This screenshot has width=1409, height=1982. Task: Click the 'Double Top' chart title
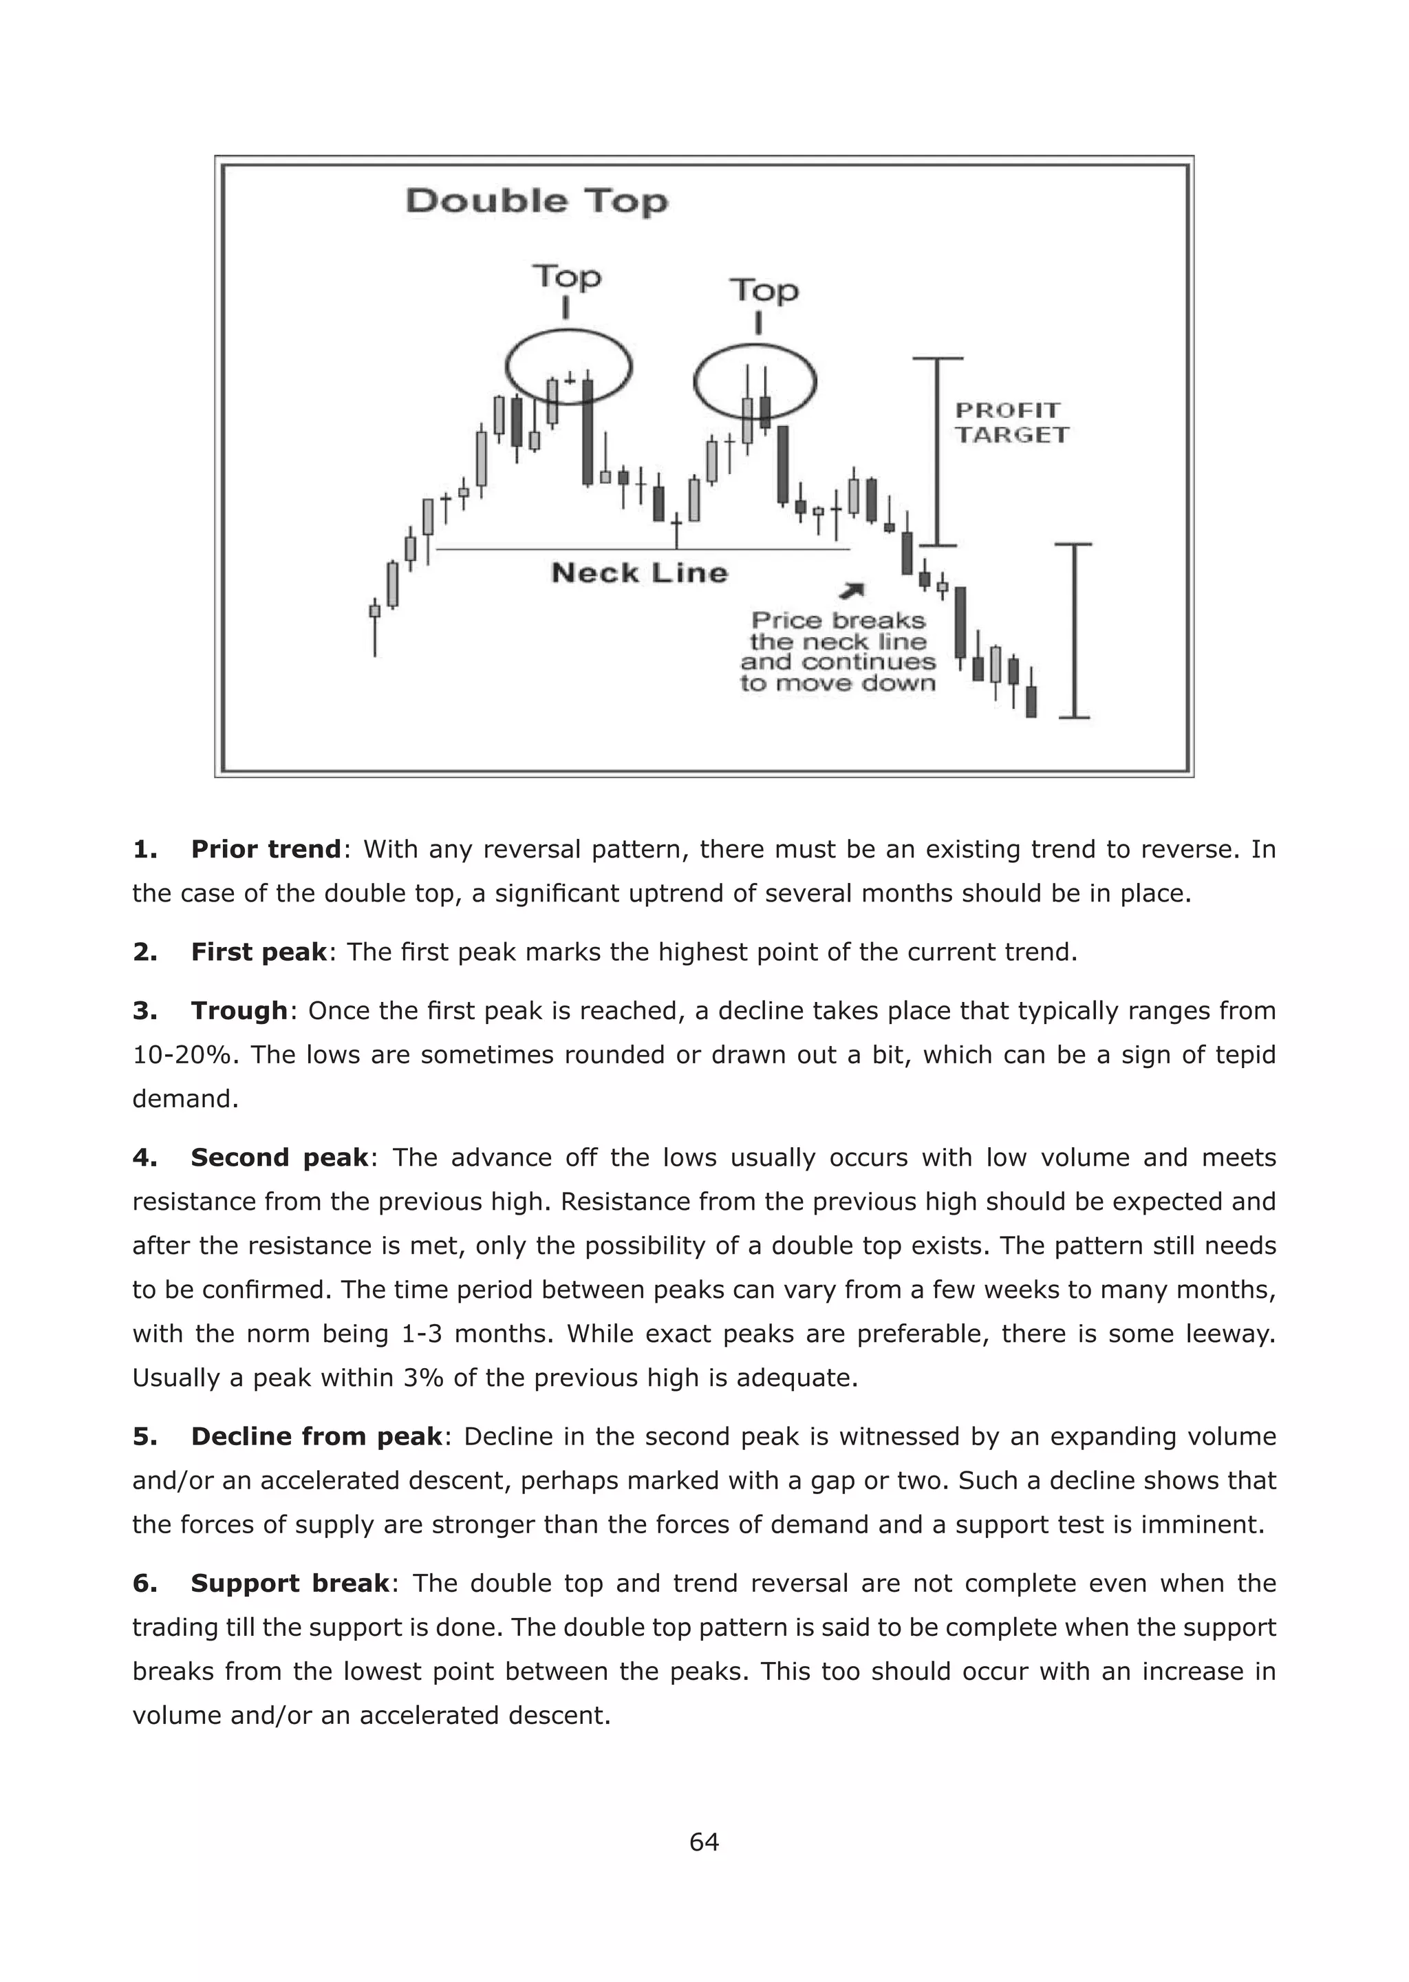(537, 202)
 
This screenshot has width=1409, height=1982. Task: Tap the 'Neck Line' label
(639, 573)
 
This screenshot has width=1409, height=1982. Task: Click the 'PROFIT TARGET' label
(1011, 423)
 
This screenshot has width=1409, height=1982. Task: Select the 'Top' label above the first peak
(566, 277)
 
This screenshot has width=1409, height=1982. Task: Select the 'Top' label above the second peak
(764, 290)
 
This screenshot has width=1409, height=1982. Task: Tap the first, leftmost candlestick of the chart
(375, 611)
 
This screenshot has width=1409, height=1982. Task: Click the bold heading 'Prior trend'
(266, 849)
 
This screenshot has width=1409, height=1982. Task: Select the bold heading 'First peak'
(259, 952)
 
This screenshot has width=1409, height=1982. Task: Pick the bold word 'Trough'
(239, 1010)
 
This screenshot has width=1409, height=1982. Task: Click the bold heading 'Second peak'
(279, 1157)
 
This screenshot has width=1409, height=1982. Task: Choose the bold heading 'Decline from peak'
(316, 1436)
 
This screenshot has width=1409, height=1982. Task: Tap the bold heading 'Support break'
(290, 1583)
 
